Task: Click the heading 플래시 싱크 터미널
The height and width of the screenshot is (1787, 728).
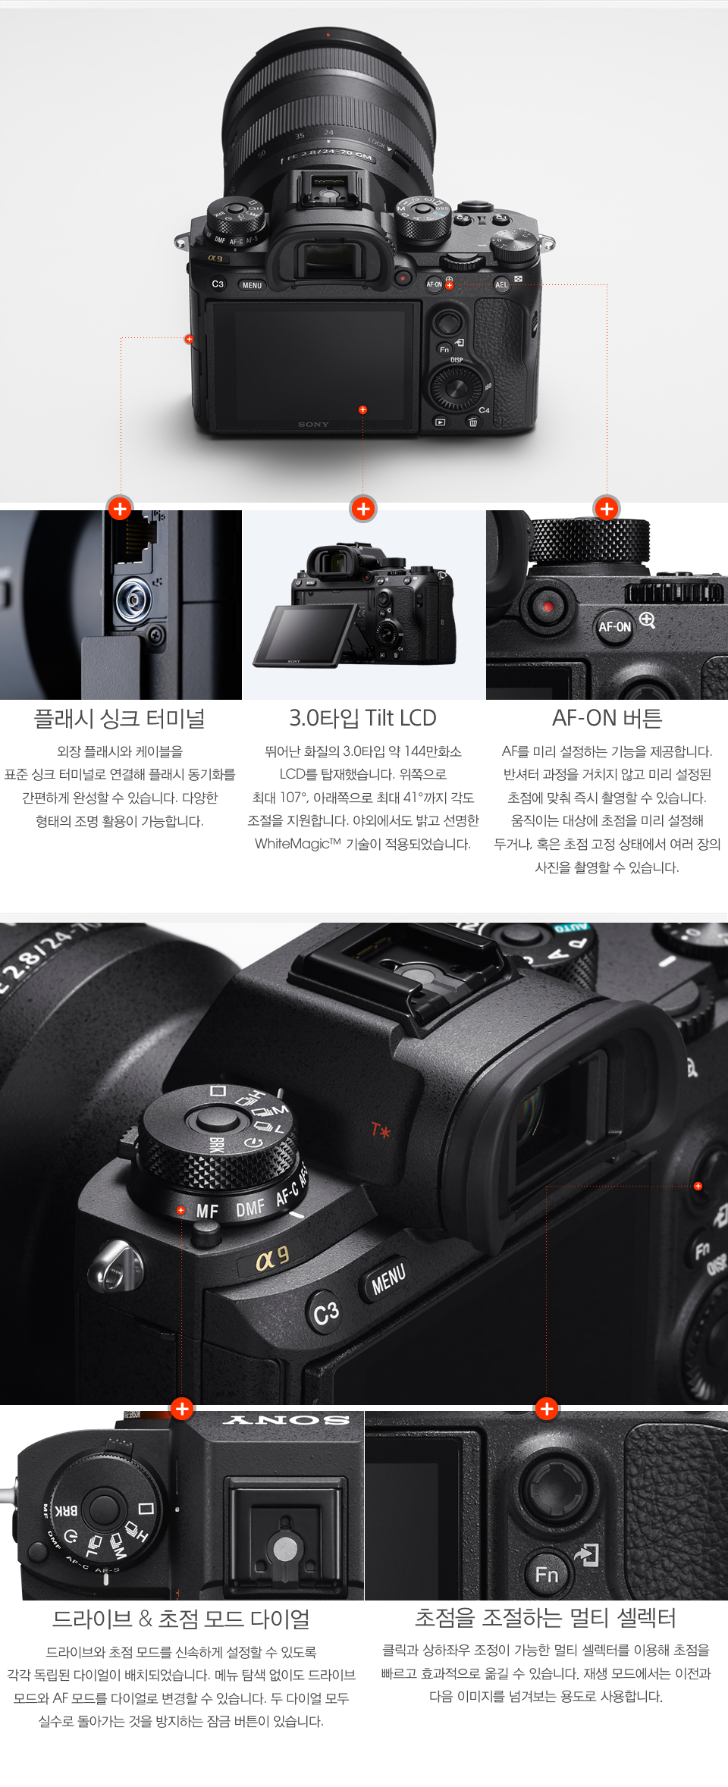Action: click(120, 718)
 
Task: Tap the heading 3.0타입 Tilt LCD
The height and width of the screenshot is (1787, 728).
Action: click(362, 718)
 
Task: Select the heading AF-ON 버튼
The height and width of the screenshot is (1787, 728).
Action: click(607, 718)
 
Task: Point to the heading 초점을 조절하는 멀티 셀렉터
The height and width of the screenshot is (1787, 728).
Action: click(545, 1618)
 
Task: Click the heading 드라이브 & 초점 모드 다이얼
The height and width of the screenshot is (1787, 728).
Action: click(181, 1619)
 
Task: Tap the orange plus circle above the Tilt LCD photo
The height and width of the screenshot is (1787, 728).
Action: click(363, 509)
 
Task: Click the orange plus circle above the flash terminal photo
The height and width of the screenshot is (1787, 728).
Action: click(120, 509)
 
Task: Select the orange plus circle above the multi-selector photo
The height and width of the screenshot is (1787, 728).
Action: click(546, 1409)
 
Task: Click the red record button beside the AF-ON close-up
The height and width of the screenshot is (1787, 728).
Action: click(547, 607)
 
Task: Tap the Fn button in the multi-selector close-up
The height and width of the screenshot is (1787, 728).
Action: click(546, 1575)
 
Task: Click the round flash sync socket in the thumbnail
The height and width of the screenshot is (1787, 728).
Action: click(133, 600)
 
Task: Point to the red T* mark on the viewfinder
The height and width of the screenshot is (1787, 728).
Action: click(381, 1130)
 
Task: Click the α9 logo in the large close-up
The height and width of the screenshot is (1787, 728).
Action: click(272, 1258)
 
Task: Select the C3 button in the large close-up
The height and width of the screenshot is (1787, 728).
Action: click(326, 1313)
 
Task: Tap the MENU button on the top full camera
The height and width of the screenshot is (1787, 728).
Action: click(252, 285)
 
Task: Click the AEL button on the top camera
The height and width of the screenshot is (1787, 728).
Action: click(501, 285)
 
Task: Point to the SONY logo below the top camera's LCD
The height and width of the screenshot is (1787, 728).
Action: click(313, 425)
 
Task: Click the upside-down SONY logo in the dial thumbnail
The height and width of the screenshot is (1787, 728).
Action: click(286, 1419)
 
